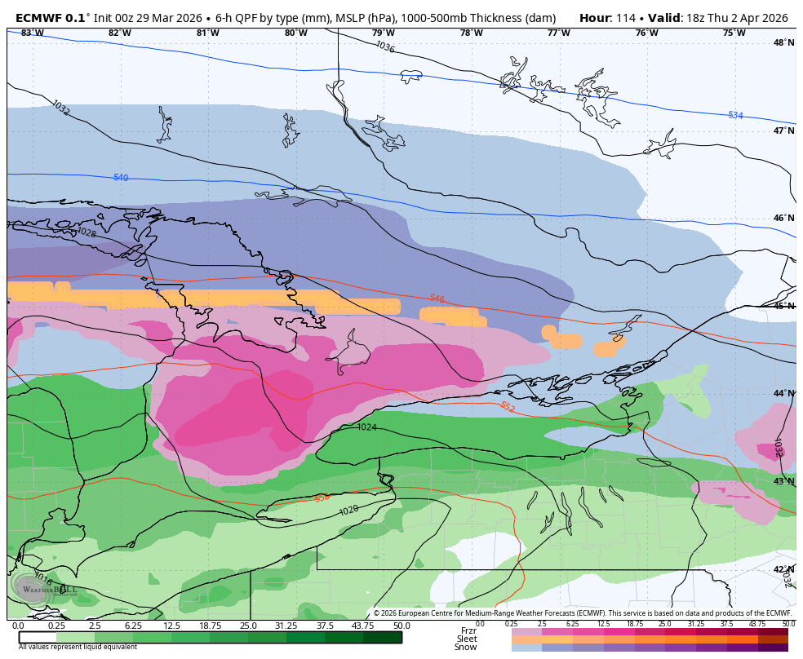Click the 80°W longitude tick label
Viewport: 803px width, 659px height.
[x=295, y=33]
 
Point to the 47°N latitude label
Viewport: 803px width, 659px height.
[x=783, y=130]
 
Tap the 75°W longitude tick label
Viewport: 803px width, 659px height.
[x=734, y=33]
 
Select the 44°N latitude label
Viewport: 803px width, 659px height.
[x=783, y=393]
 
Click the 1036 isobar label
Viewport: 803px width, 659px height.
[x=385, y=46]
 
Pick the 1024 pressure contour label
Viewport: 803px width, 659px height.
[x=367, y=427]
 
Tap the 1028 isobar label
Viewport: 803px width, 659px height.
[x=86, y=232]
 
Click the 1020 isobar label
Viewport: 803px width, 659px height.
[x=348, y=510]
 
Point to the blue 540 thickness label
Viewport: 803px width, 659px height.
[x=121, y=178]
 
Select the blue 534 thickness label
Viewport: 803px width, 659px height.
[x=735, y=116]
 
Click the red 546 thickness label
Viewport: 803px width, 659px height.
[x=437, y=299]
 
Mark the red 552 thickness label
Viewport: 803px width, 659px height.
[x=507, y=406]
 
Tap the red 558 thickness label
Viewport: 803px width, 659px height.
[x=322, y=498]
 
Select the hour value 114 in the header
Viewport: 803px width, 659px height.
[x=626, y=18]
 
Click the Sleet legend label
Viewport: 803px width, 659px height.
[x=467, y=639]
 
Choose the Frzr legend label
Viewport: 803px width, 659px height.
[x=468, y=630]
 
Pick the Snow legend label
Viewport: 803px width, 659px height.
[x=466, y=647]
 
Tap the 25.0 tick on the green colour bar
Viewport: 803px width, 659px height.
[x=248, y=626]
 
